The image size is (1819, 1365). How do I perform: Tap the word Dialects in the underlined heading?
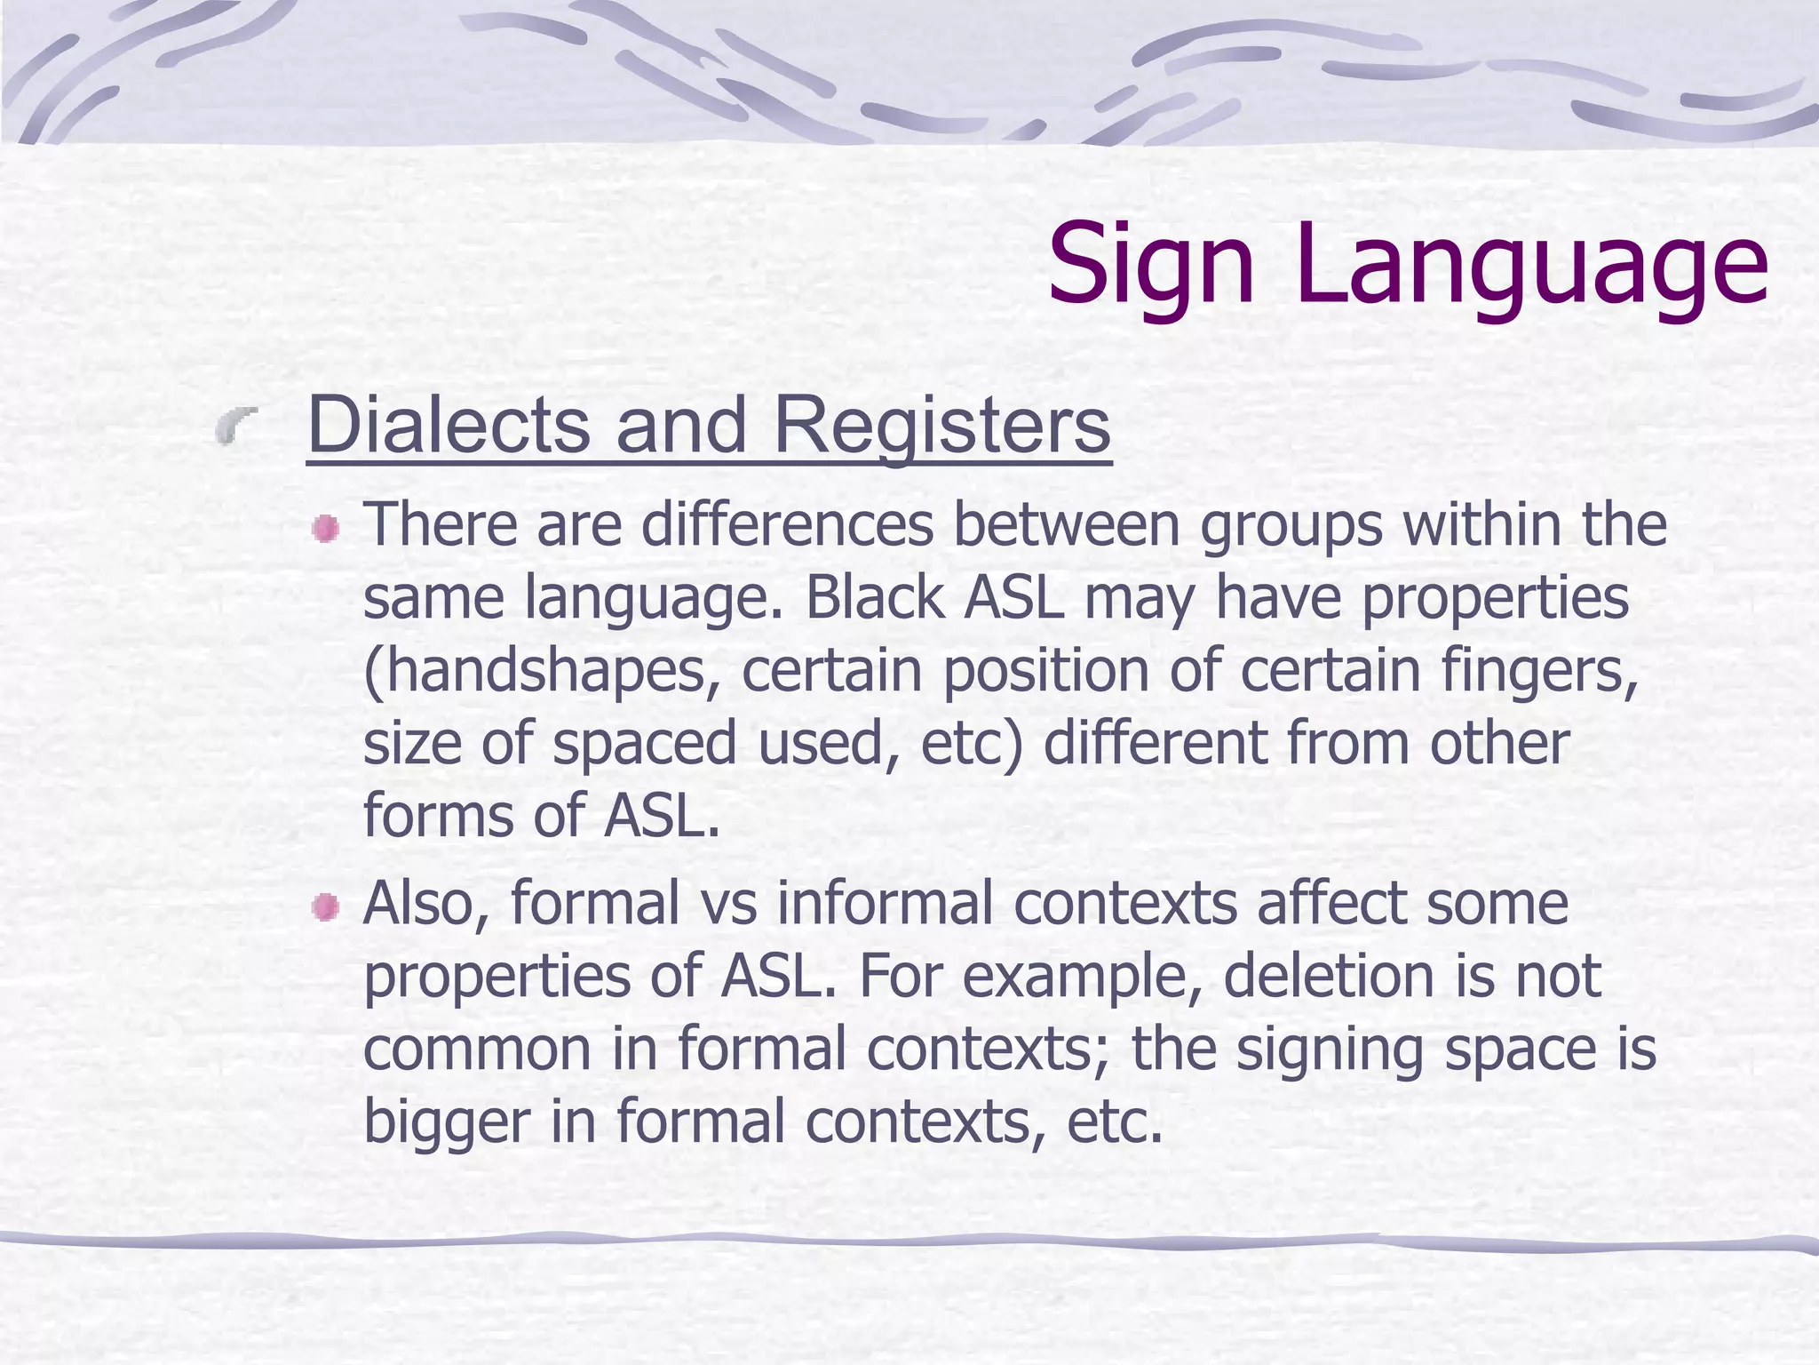[x=449, y=425]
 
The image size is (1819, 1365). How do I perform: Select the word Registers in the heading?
[x=941, y=425]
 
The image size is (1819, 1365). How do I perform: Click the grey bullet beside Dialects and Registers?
[x=235, y=425]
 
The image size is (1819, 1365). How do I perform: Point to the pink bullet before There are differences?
[x=326, y=530]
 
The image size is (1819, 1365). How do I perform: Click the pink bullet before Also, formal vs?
[x=326, y=908]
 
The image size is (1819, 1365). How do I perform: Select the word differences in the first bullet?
[x=787, y=524]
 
